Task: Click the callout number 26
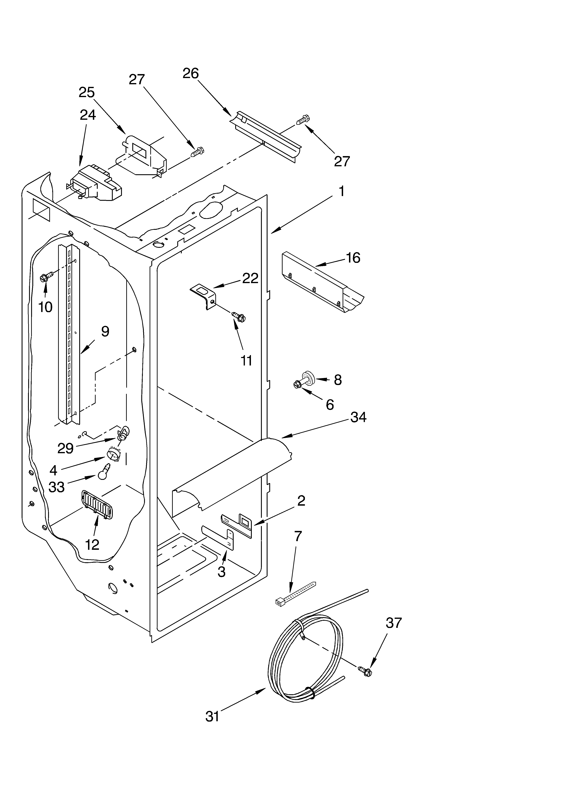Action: coord(191,73)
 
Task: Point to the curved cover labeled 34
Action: coord(233,473)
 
